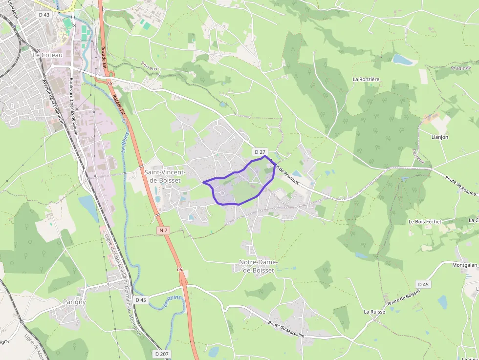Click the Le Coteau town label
[48, 55]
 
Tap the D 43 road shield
[44, 15]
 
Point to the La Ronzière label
[366, 79]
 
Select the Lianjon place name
[440, 137]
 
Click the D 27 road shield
[259, 152]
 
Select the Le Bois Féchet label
[425, 221]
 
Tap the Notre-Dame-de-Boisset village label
[259, 266]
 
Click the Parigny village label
[74, 301]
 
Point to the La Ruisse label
[374, 311]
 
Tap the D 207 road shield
[161, 353]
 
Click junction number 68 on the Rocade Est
[110, 84]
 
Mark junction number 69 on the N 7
[180, 270]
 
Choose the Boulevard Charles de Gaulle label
[73, 100]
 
